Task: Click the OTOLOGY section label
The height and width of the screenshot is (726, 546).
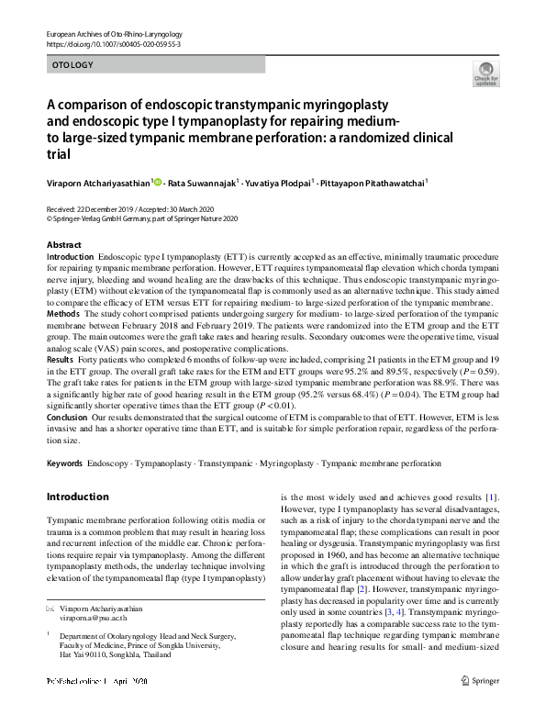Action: click(73, 65)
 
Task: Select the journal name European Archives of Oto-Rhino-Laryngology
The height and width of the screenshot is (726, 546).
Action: click(112, 33)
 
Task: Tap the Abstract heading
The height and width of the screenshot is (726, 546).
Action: click(64, 246)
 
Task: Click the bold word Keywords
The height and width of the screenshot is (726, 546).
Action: click(64, 464)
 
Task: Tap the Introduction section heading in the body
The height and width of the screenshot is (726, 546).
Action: click(77, 497)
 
